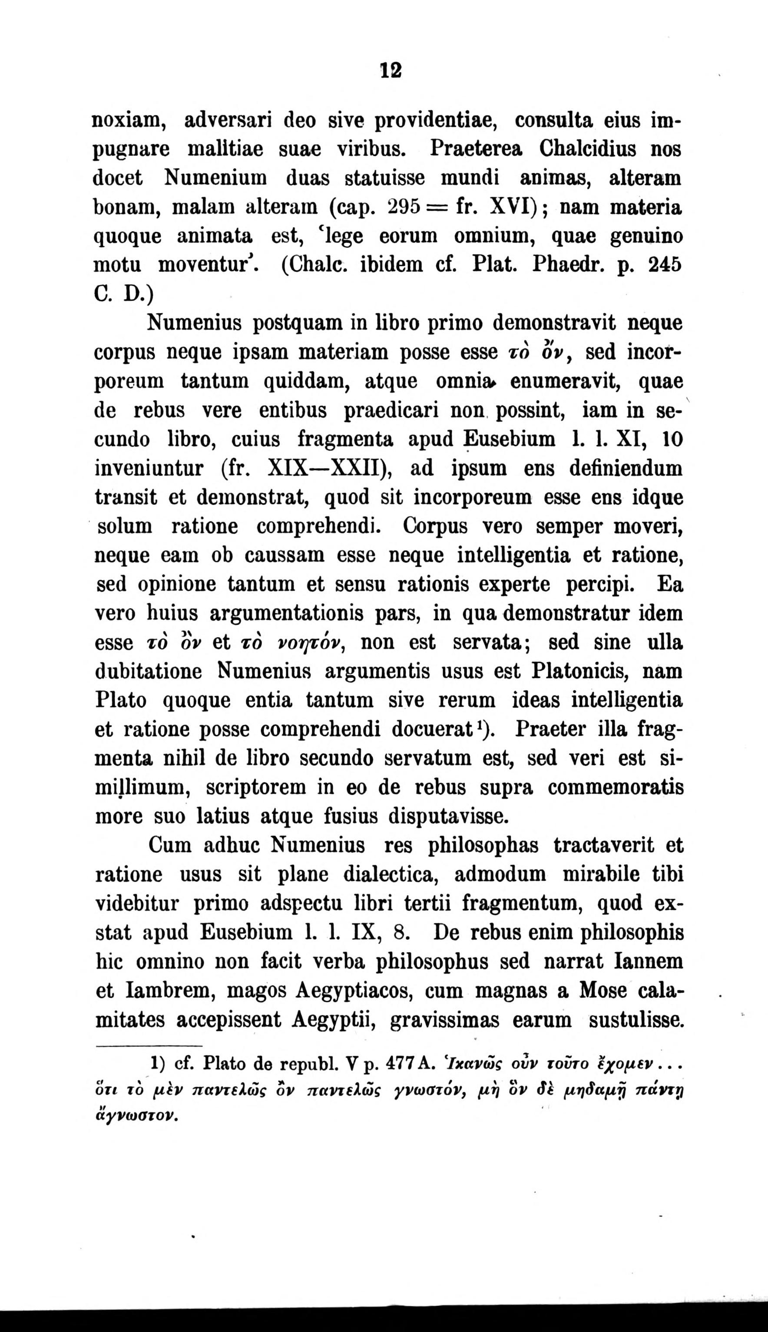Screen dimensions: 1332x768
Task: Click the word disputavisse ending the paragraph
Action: [448, 816]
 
